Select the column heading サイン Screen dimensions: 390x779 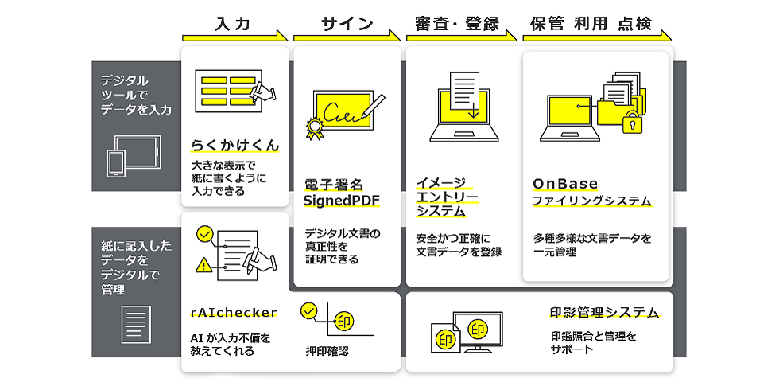pyautogui.click(x=347, y=24)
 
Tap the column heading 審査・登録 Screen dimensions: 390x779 pyautogui.click(x=457, y=24)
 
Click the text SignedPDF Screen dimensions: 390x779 pyautogui.click(x=342, y=200)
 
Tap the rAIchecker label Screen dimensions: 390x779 pyautogui.click(x=234, y=312)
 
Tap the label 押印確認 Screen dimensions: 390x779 pyautogui.click(x=327, y=350)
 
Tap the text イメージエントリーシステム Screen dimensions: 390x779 pyautogui.click(x=442, y=197)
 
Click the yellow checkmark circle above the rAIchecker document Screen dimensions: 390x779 pyautogui.click(x=204, y=234)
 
